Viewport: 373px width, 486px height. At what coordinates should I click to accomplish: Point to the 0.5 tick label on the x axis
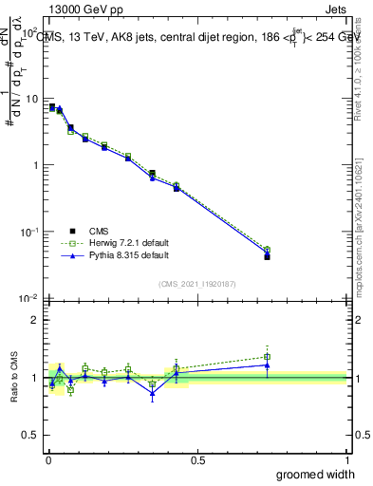[x=197, y=459]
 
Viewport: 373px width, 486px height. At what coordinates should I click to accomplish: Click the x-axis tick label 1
[x=346, y=459]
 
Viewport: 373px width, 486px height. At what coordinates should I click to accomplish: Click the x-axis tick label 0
[x=47, y=459]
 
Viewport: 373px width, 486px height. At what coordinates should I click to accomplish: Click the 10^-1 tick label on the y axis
[x=28, y=232]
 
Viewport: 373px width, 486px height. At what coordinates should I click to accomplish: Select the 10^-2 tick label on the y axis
[x=28, y=298]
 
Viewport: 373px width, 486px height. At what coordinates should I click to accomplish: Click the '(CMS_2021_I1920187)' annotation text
[x=197, y=282]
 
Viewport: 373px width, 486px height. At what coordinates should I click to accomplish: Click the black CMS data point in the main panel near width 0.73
[x=267, y=256]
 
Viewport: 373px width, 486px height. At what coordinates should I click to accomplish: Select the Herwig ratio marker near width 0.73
[x=267, y=357]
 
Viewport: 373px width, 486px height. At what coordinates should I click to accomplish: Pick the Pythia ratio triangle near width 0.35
[x=152, y=393]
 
